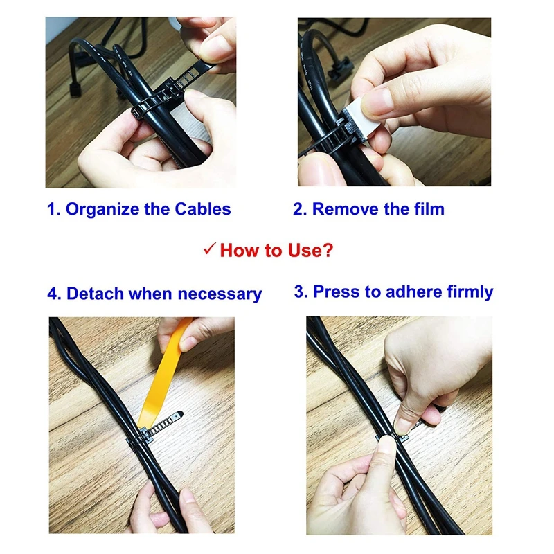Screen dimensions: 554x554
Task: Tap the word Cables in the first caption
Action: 203,209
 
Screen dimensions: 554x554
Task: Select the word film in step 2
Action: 429,209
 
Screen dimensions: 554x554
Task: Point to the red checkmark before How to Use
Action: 210,249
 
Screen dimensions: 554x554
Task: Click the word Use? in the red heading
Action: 310,250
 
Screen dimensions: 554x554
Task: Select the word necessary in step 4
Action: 220,294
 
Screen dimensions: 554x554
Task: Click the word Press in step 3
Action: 337,292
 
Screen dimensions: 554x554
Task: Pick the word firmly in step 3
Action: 470,292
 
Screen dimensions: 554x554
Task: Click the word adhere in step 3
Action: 413,292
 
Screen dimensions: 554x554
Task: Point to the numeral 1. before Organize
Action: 54,209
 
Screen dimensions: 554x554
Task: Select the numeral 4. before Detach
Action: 55,294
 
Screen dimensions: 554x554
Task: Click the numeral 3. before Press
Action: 301,292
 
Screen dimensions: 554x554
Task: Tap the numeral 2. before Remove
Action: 300,209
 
